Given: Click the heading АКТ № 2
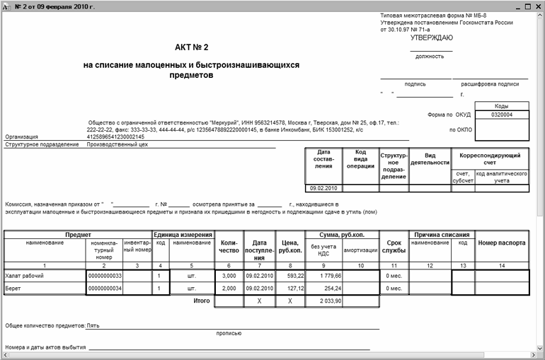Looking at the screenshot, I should tap(192, 47).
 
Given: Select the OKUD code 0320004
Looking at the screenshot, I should tap(501, 115).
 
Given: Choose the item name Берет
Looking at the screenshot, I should tap(14, 289).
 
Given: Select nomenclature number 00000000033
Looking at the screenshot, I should tap(104, 275).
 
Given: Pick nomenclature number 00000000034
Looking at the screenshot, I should tap(104, 289).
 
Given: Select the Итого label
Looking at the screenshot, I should tap(202, 301).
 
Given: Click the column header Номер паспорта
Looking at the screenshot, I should tap(502, 243).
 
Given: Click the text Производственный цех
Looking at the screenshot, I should tap(117, 144).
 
